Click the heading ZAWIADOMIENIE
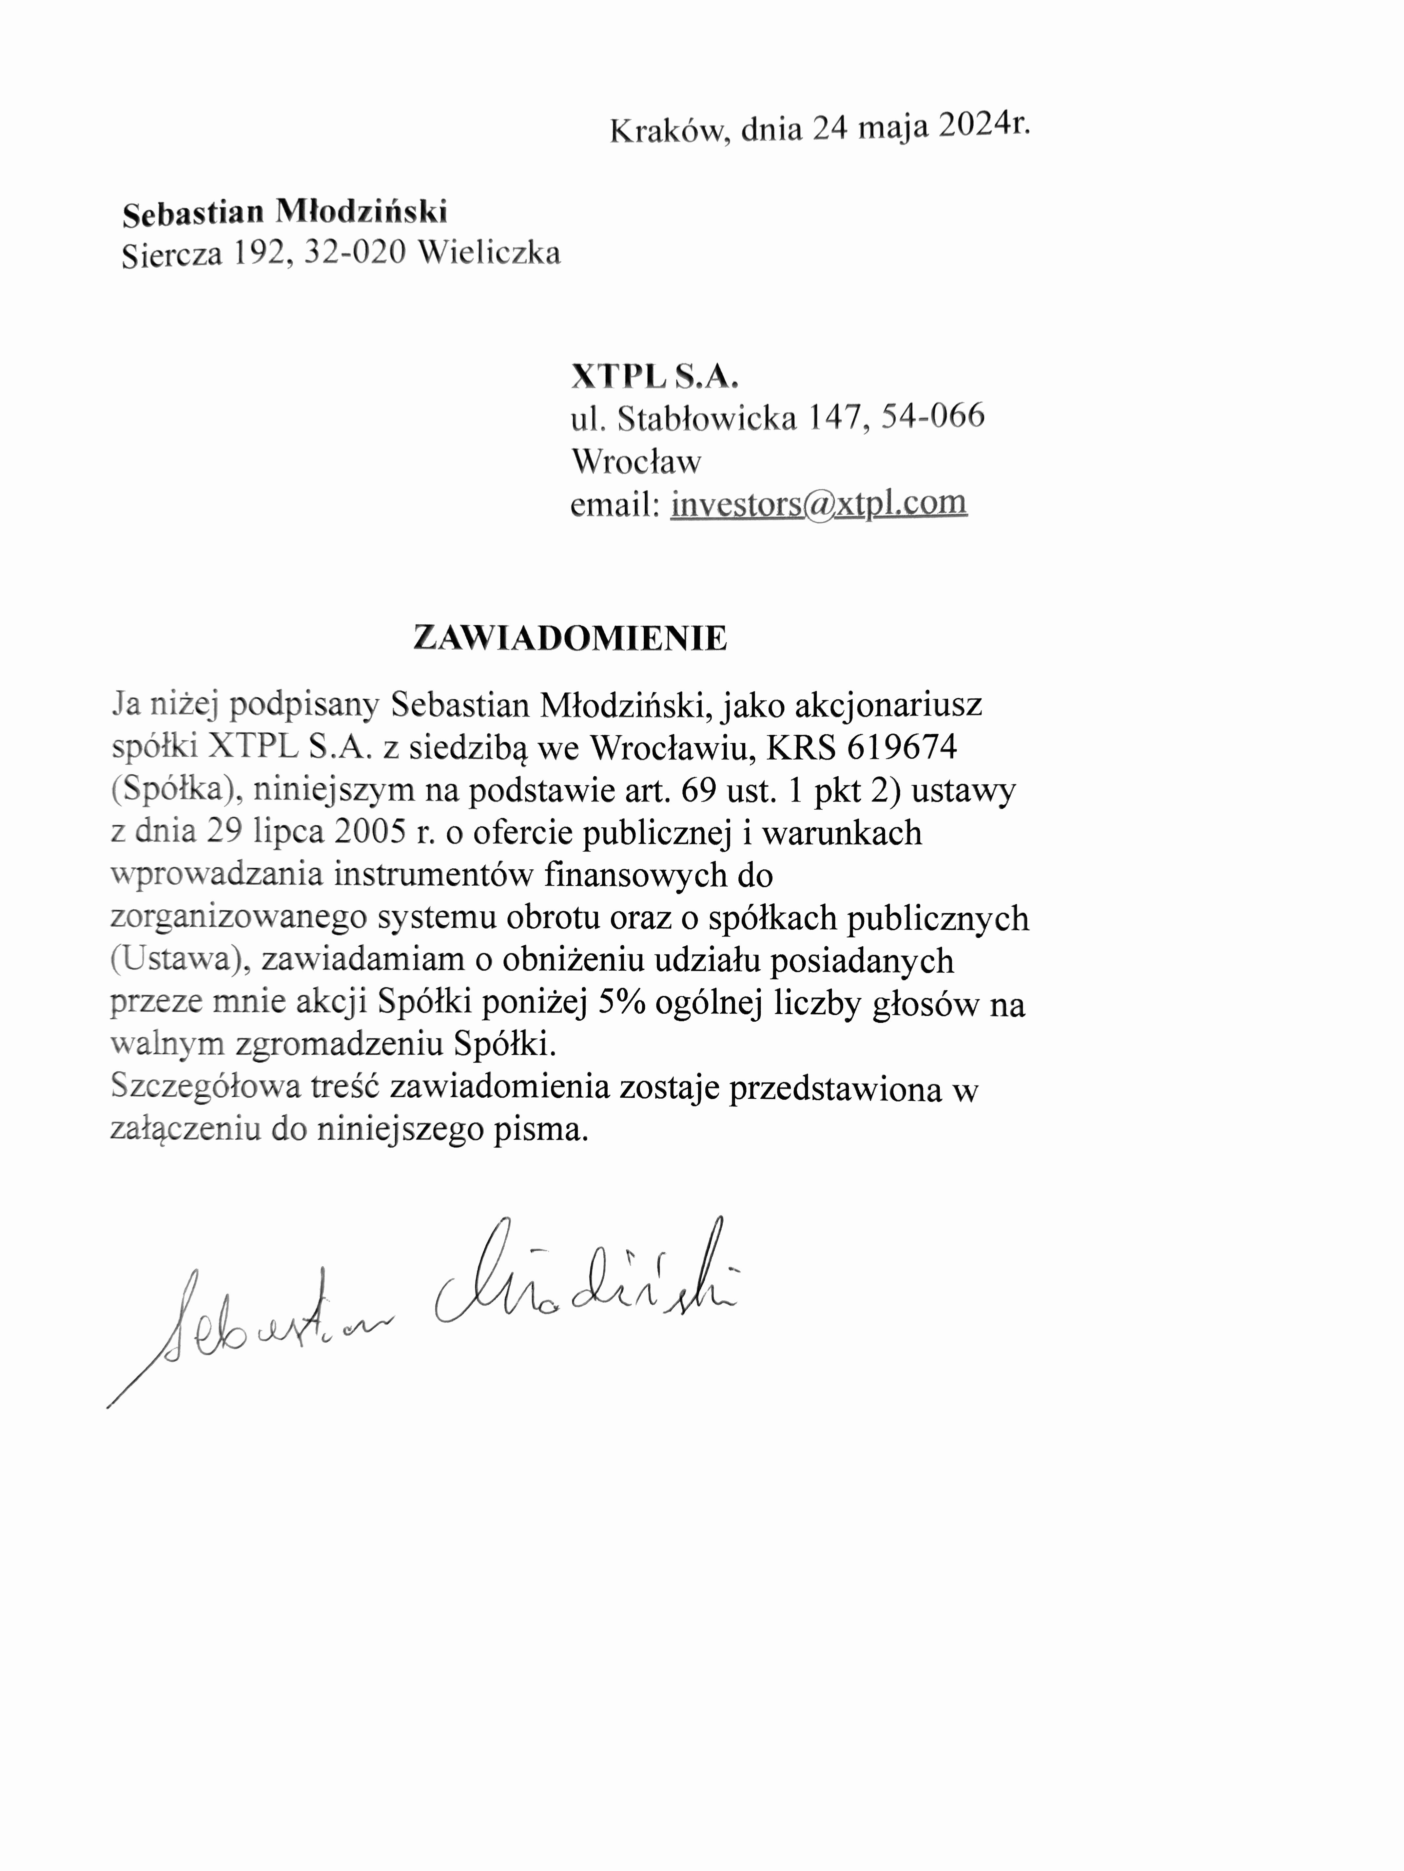click(x=570, y=639)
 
